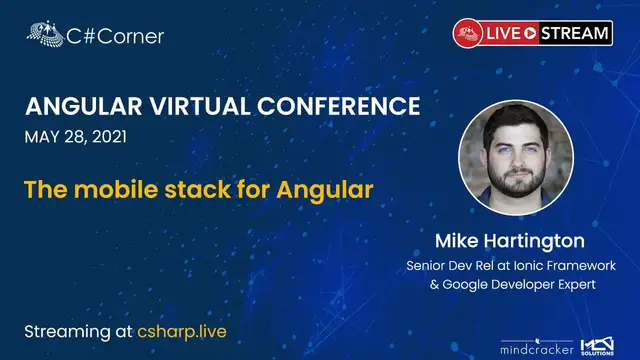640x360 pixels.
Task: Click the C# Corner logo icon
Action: (46, 35)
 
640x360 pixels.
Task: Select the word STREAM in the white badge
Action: (574, 33)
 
